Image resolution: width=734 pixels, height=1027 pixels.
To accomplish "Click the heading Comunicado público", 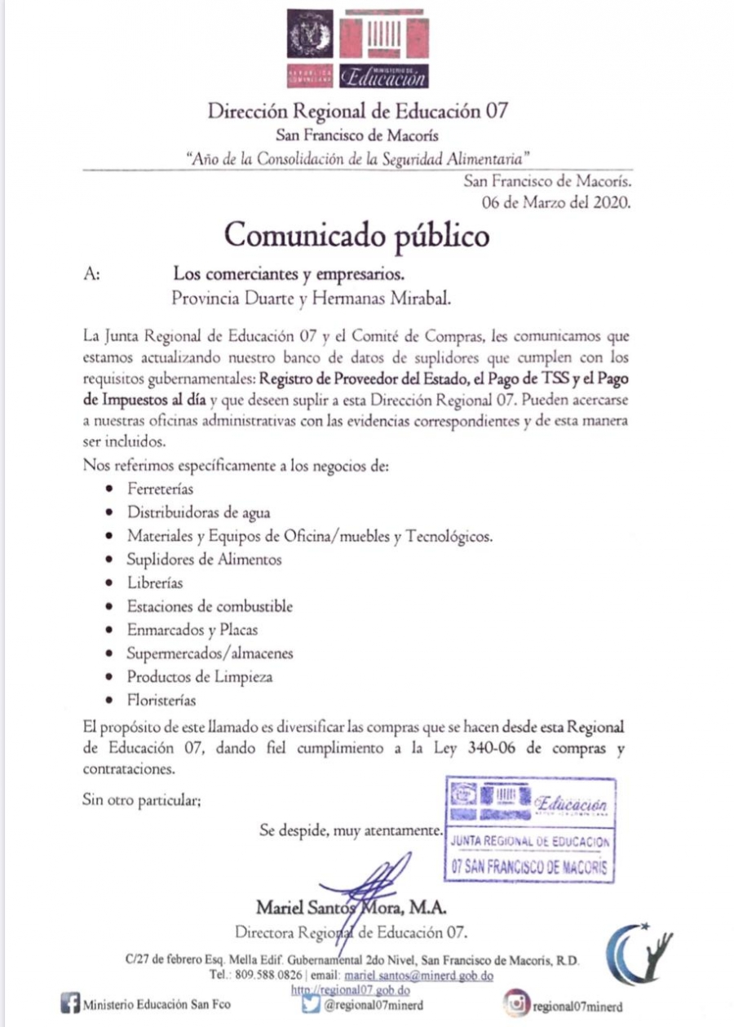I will pos(357,235).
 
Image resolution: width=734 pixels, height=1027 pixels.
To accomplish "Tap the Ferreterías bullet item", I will pos(160,489).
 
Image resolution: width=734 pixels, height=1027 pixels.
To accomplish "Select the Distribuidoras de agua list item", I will pos(198,513).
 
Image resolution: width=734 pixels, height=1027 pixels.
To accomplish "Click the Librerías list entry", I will pos(155,583).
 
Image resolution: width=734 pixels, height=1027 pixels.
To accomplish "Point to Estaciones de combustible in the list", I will pos(210,607).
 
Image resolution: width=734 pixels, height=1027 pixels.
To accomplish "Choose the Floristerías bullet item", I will pos(161,700).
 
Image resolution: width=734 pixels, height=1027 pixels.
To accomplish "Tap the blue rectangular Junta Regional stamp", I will pos(530,830).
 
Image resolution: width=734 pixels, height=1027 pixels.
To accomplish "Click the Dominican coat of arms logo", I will pos(310,37).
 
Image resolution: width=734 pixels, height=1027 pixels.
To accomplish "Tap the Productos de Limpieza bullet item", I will pos(200,677).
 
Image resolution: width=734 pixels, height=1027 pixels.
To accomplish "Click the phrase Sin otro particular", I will pos(142,800).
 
